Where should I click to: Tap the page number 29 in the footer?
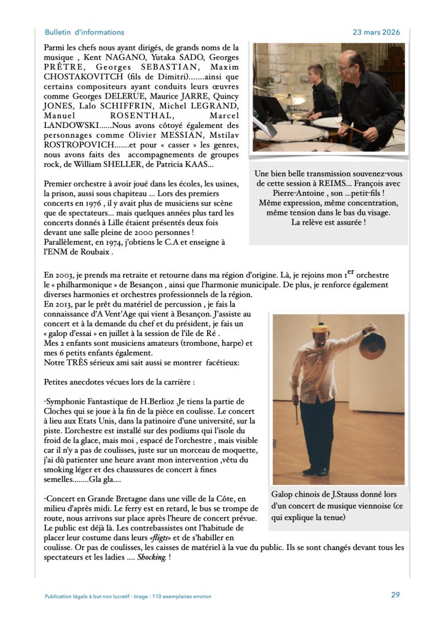point(395,595)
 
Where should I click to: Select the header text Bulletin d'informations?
point(84,32)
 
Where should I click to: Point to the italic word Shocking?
point(151,557)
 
